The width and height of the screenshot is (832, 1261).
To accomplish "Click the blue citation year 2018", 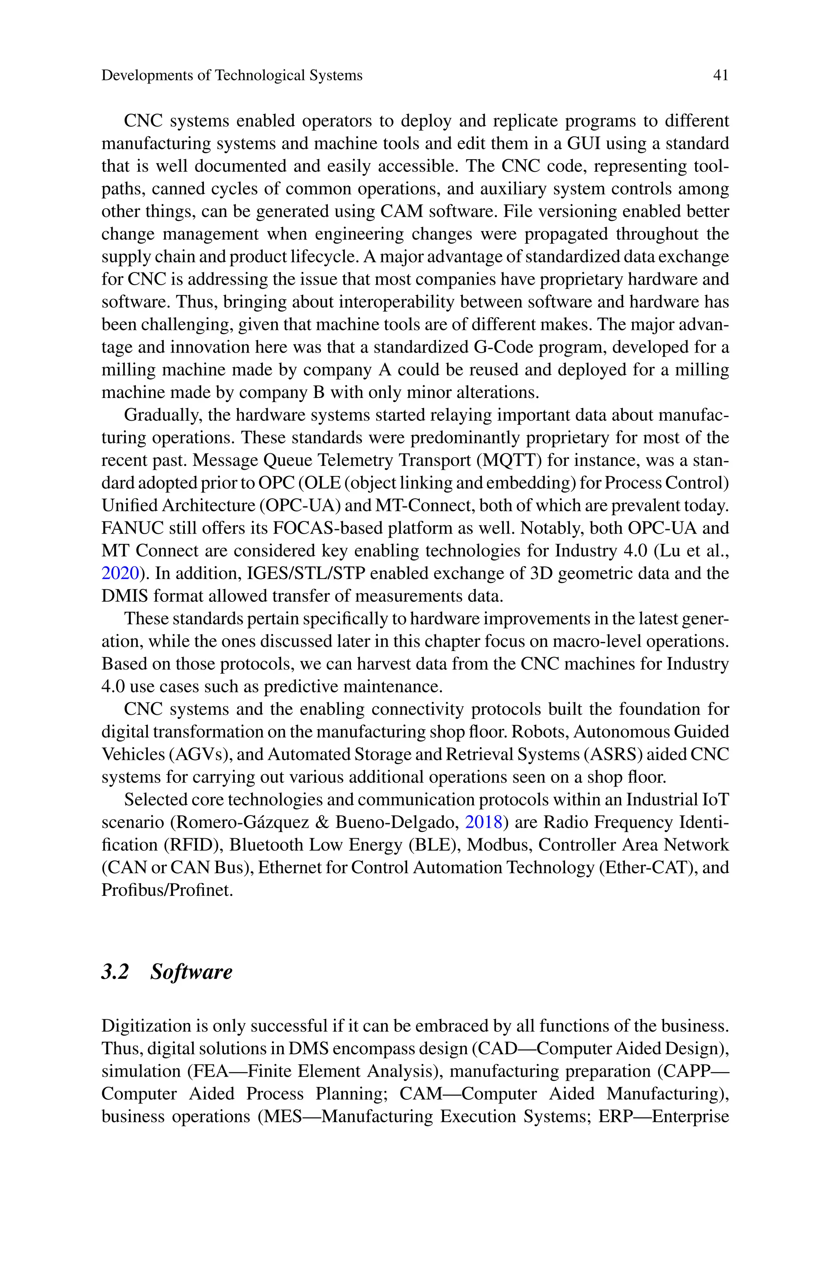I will point(483,822).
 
